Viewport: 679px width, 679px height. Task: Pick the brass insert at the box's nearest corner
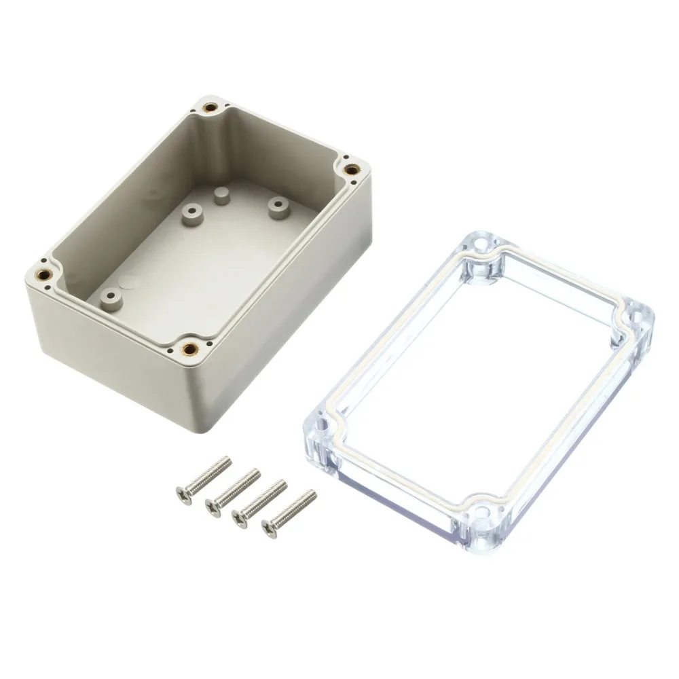click(191, 350)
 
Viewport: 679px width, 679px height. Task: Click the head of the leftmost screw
click(182, 492)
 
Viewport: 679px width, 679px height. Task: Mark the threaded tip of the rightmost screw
click(312, 494)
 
